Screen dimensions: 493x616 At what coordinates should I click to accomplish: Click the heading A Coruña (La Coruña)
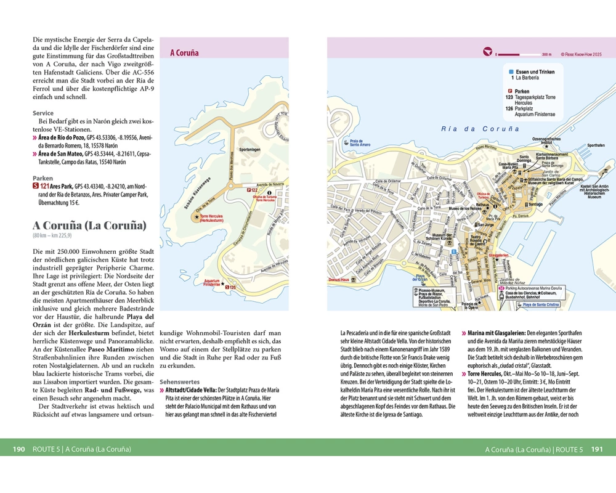click(90, 225)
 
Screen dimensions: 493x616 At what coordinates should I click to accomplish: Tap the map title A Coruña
click(184, 53)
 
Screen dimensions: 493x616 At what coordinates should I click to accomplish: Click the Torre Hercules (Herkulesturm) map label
click(211, 219)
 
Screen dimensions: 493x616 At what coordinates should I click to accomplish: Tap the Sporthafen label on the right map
click(596, 145)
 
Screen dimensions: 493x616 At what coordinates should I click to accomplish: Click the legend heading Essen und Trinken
click(535, 72)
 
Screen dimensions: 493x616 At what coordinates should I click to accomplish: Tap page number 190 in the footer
click(18, 449)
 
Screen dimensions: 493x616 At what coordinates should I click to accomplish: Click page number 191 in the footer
click(597, 449)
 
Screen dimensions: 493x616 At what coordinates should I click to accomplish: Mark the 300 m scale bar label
click(546, 54)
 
